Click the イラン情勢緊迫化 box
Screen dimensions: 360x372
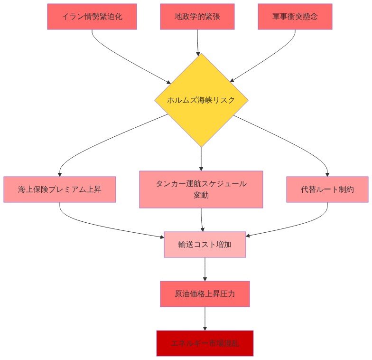(x=92, y=17)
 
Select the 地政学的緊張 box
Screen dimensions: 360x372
(x=197, y=17)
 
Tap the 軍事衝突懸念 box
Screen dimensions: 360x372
(x=295, y=17)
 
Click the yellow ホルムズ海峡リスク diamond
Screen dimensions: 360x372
(x=201, y=100)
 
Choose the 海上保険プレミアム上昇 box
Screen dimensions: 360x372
(x=60, y=189)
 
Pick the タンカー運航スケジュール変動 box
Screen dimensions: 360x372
(x=201, y=189)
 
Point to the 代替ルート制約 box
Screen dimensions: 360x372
(x=327, y=189)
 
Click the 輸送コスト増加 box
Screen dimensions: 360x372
(x=205, y=245)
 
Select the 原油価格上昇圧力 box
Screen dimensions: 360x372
(x=205, y=294)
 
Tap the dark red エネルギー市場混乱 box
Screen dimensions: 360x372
(x=205, y=343)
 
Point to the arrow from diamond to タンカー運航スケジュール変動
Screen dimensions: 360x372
(x=201, y=159)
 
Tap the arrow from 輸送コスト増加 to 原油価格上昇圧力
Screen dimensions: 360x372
(x=205, y=269)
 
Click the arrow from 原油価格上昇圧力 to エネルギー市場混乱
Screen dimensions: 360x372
(x=205, y=319)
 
